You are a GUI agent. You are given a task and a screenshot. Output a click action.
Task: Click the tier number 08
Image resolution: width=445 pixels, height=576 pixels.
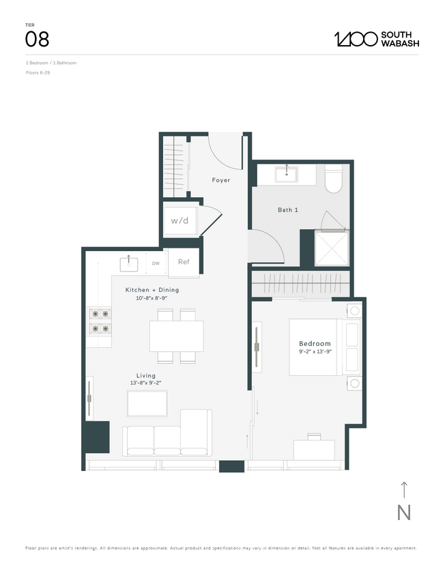[x=37, y=40]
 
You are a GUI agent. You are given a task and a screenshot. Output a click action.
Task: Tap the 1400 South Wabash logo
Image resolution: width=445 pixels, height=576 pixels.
[x=376, y=39]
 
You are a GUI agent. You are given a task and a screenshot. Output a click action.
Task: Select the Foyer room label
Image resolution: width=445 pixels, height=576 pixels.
[x=220, y=180]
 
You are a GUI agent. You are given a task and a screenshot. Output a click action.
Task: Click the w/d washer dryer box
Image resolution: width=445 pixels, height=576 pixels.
[x=180, y=220]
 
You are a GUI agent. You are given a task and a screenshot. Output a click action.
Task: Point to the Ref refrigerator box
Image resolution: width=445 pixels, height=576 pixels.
[x=184, y=262]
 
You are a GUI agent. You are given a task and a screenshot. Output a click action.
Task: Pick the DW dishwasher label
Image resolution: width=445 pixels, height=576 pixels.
[x=156, y=263]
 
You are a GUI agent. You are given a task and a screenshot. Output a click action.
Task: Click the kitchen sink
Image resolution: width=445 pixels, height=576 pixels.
[x=128, y=262]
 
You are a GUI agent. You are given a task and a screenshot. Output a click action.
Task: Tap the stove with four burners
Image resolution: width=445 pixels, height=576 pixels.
[x=100, y=321]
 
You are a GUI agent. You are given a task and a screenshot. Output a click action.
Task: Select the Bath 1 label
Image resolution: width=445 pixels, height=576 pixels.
[x=287, y=210]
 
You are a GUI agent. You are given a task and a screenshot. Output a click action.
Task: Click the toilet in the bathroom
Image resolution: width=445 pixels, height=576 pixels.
[x=334, y=179]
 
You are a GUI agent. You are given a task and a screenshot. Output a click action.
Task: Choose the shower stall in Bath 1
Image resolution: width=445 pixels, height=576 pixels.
[x=331, y=248]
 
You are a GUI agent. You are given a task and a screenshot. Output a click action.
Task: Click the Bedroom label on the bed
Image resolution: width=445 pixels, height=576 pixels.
[x=315, y=343]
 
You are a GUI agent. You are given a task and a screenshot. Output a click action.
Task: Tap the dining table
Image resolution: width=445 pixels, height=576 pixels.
[x=176, y=336]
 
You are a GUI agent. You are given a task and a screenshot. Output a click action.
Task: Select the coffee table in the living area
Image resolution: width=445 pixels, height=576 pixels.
[x=147, y=404]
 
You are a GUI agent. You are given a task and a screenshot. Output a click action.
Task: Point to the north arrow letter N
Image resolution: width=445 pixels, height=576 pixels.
[x=404, y=513]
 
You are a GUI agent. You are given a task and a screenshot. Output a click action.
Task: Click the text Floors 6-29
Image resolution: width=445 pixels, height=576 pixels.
[x=38, y=72]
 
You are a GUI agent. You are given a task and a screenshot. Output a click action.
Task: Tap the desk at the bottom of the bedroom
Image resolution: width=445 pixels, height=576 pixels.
[x=315, y=449]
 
